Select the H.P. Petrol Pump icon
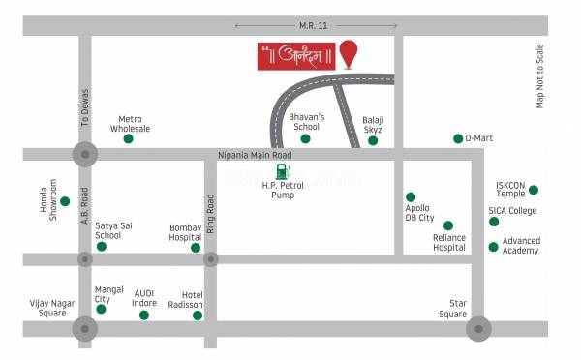(282, 174)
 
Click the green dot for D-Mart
(458, 138)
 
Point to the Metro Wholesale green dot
(129, 139)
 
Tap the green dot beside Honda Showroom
(65, 201)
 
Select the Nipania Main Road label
(256, 154)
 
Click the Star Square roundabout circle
(477, 329)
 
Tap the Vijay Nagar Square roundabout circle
(85, 329)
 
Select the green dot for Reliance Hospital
(447, 225)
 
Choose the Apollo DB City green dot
(411, 196)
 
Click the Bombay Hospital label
(185, 231)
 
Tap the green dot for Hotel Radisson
(199, 315)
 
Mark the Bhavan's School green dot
(305, 138)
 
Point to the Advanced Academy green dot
(494, 247)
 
